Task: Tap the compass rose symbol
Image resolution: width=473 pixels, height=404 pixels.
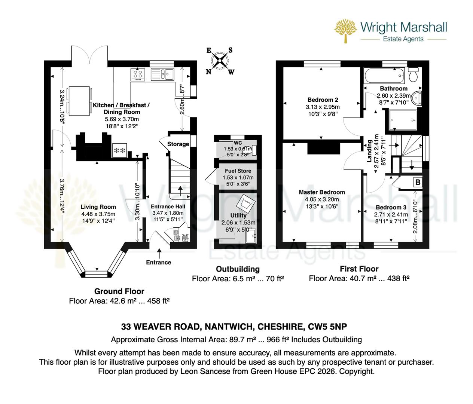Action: coord(220,61)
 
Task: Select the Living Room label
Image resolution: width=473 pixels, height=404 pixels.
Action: coord(99,207)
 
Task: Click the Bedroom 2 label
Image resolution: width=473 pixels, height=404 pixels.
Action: coord(323,100)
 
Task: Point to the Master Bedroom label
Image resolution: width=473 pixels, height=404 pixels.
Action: coord(321,192)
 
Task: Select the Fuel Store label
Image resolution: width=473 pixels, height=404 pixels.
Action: coord(238,171)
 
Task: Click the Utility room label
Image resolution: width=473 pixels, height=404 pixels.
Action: coord(238,215)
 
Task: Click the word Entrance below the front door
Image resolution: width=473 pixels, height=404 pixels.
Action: coord(159,262)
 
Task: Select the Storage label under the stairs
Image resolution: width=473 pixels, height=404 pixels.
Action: coord(178,144)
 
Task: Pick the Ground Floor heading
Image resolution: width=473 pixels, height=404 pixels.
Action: coord(119,291)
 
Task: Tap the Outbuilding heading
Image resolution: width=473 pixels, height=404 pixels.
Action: coord(238,269)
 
